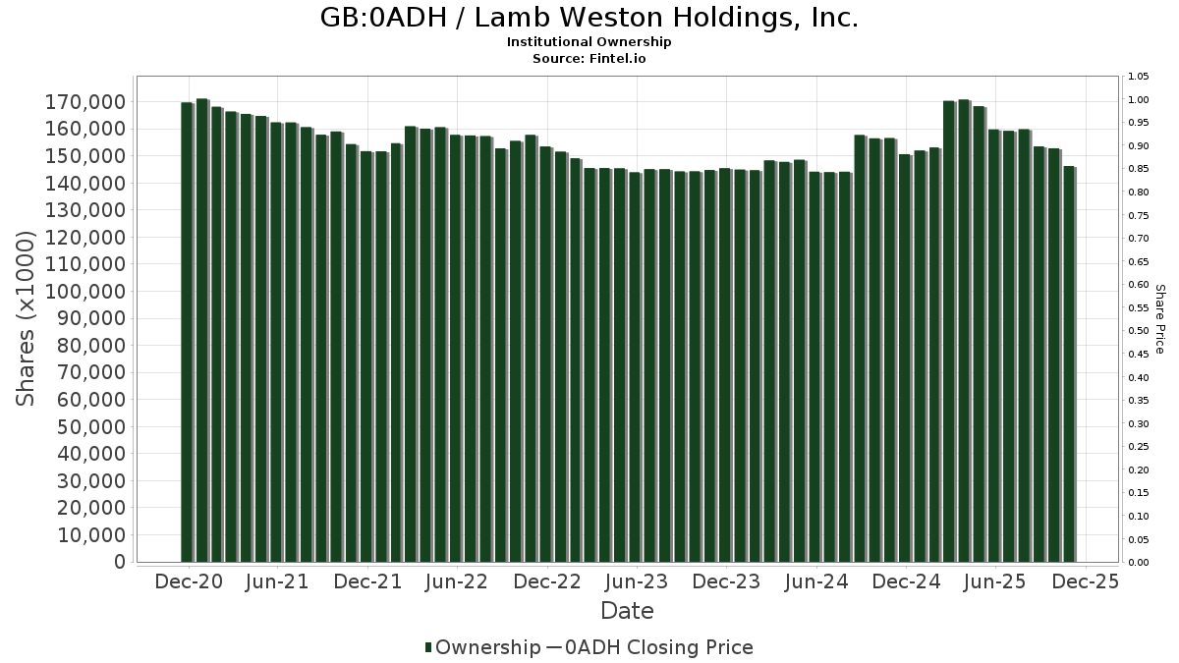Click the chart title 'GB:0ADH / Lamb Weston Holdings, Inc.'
pos(589,19)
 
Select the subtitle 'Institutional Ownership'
pos(589,42)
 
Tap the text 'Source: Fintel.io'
pos(589,58)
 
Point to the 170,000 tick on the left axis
pos(85,102)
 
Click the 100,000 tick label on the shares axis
pos(85,292)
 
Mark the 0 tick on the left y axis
pos(119,562)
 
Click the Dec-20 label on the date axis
pos(189,581)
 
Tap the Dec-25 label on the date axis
pos(1085,581)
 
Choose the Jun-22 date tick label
pos(457,581)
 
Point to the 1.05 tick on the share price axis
pos(1139,77)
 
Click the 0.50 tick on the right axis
pos(1139,331)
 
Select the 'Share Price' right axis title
pos(1159,319)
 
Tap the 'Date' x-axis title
pos(627,611)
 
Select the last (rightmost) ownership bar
pos(1069,363)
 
